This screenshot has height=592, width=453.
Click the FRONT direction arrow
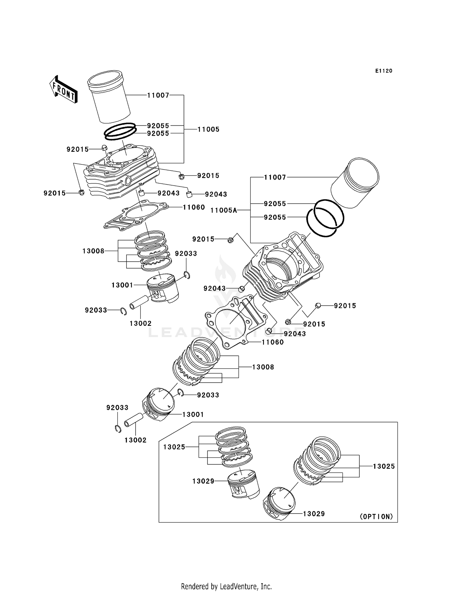(x=63, y=90)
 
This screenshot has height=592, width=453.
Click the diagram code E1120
(x=384, y=71)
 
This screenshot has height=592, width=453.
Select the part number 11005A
(x=223, y=210)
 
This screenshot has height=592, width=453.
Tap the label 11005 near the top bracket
(x=208, y=129)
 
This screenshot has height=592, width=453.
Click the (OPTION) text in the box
(x=376, y=517)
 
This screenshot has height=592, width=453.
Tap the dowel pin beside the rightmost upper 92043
(x=189, y=194)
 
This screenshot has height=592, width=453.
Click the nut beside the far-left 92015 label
(x=81, y=193)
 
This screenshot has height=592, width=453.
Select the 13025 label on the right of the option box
(x=384, y=466)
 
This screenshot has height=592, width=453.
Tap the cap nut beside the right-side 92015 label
(x=318, y=306)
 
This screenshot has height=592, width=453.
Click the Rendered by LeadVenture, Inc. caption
(x=226, y=586)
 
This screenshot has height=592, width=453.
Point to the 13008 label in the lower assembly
(x=263, y=367)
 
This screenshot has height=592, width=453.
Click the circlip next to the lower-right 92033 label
(x=181, y=392)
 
